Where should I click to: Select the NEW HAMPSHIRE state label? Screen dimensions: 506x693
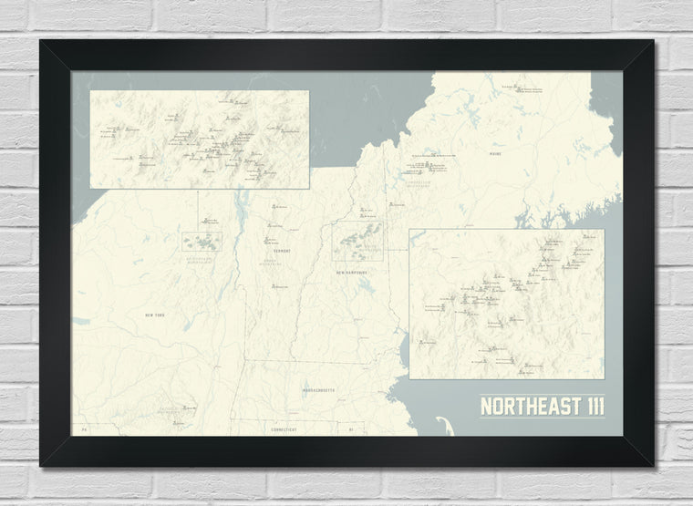point(350,273)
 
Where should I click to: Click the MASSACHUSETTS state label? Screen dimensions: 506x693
point(312,389)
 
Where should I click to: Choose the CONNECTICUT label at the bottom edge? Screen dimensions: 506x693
point(283,428)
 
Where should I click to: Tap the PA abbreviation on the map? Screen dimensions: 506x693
point(82,428)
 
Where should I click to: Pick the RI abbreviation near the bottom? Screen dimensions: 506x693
point(349,428)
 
